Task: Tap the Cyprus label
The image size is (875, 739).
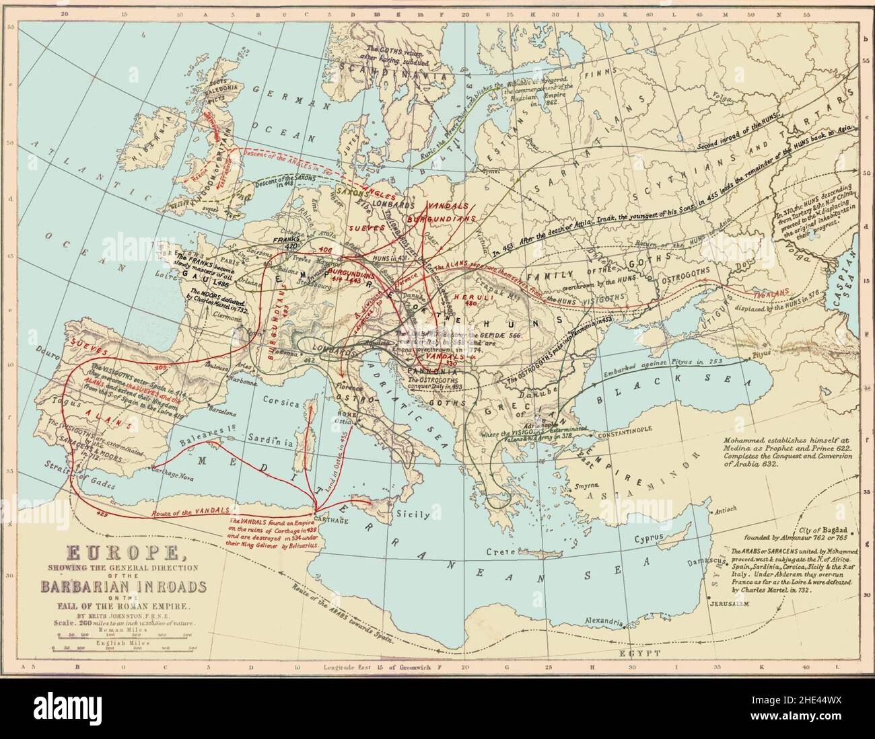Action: (647, 538)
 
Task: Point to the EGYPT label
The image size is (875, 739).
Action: (639, 653)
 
